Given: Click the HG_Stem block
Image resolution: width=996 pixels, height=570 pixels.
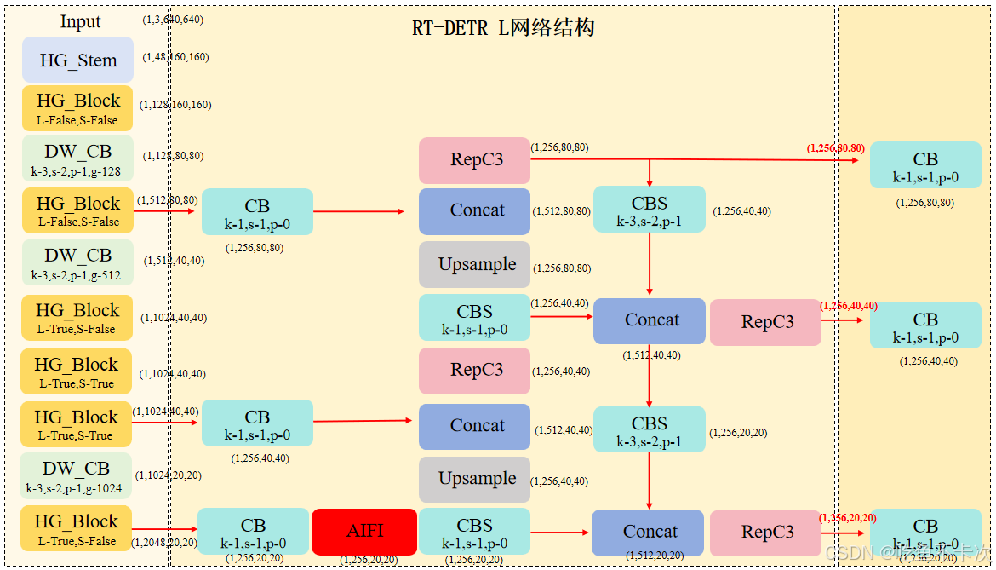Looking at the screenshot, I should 77,60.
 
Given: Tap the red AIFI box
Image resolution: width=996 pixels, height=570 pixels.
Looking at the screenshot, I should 364,531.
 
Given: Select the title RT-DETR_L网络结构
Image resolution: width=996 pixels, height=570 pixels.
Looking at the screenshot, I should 503,28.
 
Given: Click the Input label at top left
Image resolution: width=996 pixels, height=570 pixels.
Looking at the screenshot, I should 80,22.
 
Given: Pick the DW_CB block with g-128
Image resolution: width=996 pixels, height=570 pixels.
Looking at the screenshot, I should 77,158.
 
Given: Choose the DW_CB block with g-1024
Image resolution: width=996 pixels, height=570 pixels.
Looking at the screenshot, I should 76,476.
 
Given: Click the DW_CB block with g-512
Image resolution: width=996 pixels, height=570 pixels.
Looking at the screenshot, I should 77,263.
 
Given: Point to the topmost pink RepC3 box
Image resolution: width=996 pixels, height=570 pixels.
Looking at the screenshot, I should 474,160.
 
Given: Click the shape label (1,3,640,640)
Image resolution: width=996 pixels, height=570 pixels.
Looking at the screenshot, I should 173,19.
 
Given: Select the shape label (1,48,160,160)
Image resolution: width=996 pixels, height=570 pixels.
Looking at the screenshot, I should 175,57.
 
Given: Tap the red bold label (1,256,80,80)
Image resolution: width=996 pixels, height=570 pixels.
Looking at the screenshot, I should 835,148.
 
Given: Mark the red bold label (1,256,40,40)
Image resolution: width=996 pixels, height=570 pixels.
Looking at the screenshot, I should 848,305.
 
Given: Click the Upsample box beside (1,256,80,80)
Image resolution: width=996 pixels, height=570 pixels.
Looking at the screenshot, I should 474,264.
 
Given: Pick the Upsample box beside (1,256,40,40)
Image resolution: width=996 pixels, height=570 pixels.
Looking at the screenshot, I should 474,479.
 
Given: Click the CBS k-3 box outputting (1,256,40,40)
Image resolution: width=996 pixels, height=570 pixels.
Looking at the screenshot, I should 649,210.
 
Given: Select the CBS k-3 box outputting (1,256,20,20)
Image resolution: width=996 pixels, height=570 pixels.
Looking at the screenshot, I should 649,429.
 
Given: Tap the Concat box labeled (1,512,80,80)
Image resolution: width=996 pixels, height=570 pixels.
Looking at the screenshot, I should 474,211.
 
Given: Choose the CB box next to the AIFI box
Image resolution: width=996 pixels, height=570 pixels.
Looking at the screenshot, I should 253,532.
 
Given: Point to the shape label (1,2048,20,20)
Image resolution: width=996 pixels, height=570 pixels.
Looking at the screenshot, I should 164,543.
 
